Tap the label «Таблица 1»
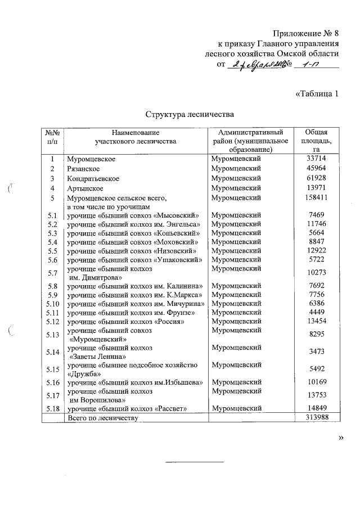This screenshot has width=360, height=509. (317, 93)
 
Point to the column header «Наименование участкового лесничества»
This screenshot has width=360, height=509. (136, 137)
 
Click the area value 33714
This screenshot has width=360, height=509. (316, 160)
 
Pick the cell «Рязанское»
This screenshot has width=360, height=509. (84, 169)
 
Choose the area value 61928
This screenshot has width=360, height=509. (316, 179)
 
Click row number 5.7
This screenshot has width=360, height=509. (53, 273)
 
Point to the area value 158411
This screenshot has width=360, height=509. (316, 198)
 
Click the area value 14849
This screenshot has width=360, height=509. (316, 408)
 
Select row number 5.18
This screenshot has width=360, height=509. (53, 408)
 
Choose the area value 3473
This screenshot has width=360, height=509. (316, 352)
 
